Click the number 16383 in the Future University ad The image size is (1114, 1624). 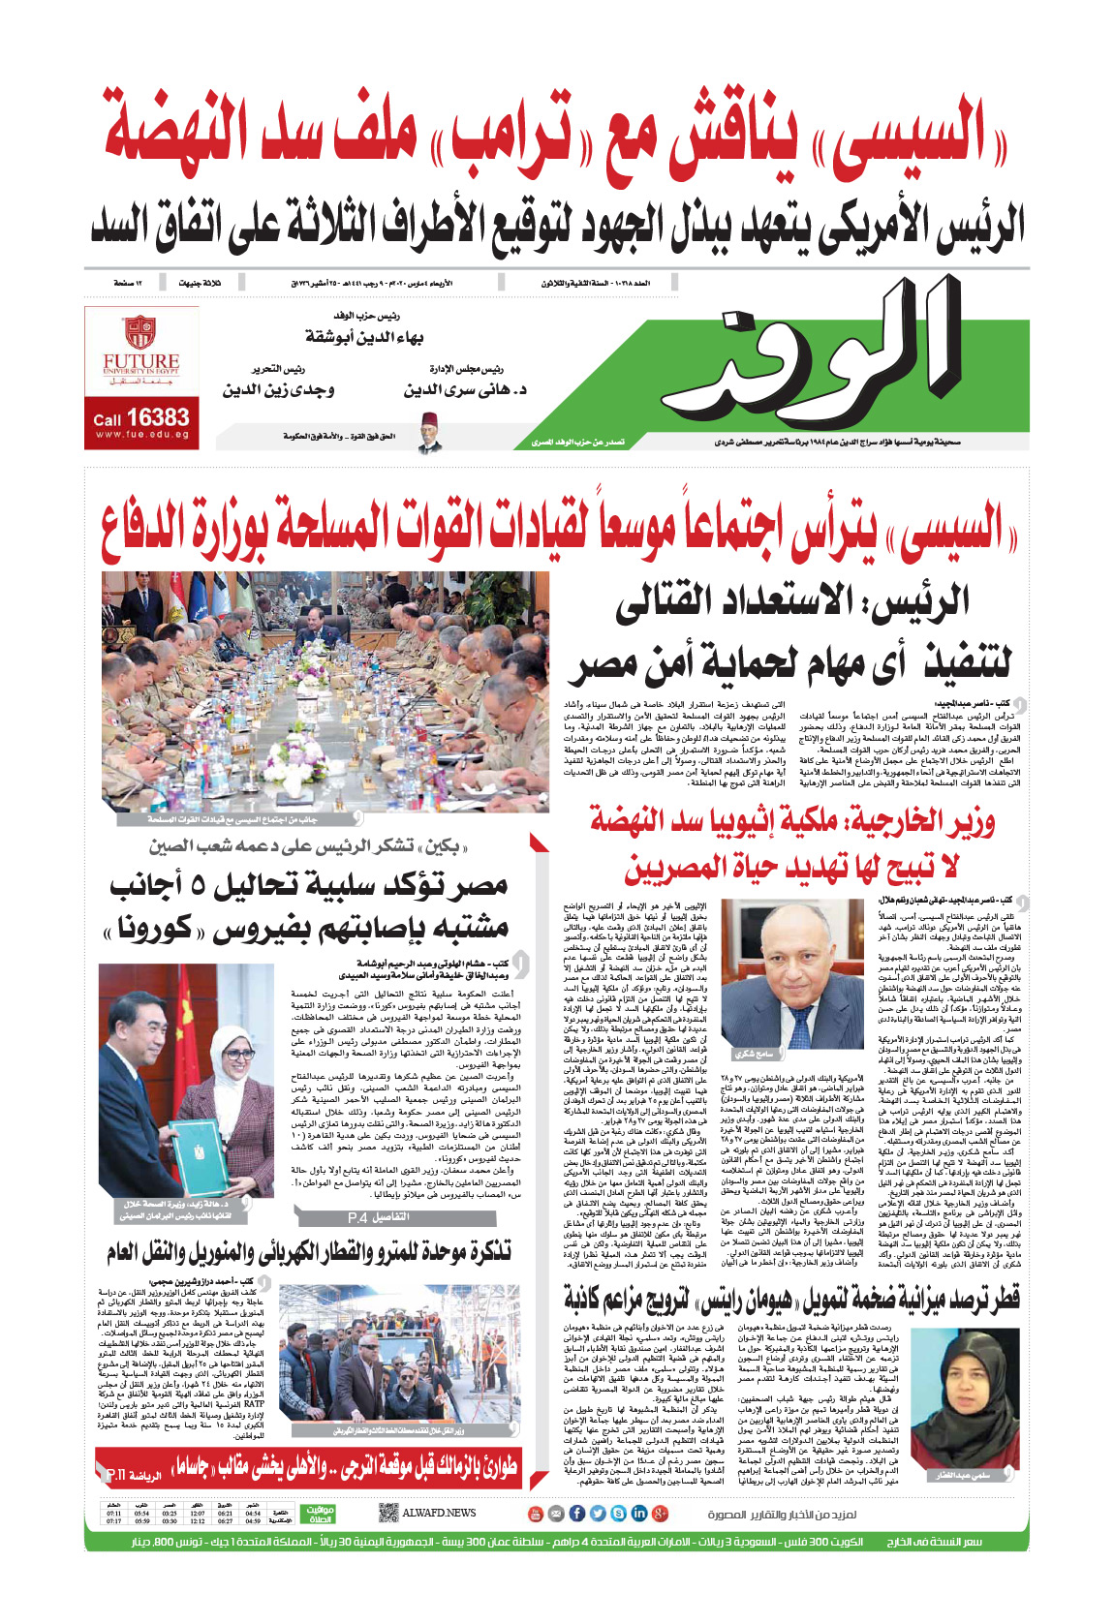158,417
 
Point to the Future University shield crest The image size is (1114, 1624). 140,332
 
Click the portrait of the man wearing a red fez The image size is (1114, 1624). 430,434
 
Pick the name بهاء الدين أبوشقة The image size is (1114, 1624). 364,336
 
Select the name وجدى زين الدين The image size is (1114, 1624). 278,389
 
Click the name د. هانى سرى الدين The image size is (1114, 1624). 465,389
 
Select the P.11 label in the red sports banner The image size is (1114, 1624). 116,1475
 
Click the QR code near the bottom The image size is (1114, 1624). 387,1513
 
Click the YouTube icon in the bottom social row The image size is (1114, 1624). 534,1513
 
